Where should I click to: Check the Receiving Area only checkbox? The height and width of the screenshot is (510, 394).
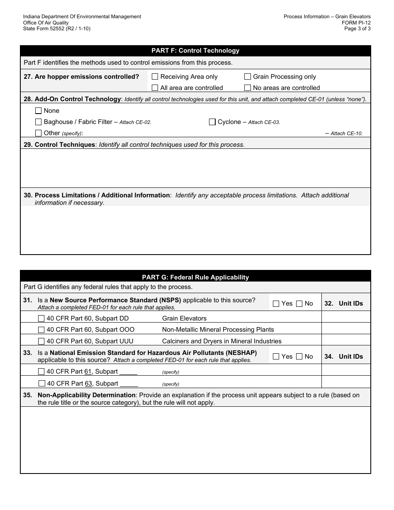click(155, 77)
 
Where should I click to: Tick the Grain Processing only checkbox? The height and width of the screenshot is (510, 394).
click(248, 77)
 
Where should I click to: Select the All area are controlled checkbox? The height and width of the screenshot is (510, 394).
click(155, 88)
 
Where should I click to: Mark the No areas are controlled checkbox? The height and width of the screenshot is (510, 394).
click(248, 88)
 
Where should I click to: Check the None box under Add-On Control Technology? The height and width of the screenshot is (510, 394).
click(39, 111)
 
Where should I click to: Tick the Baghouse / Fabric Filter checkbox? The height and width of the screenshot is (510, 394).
click(39, 122)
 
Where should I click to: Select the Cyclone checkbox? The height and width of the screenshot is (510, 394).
click(212, 122)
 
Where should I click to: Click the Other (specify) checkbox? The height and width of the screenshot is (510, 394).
click(39, 133)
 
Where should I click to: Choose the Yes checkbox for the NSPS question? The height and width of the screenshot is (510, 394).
click(276, 304)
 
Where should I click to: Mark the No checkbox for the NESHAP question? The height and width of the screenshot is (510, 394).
click(299, 357)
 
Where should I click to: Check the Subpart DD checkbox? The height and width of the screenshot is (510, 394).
click(41, 318)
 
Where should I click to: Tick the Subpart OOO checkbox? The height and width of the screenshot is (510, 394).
click(41, 330)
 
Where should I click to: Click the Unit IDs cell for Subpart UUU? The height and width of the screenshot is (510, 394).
click(346, 340)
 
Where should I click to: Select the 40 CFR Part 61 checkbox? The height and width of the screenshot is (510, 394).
click(41, 372)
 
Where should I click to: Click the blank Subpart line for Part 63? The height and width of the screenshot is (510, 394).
click(129, 384)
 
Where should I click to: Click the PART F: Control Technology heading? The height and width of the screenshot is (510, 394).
click(195, 51)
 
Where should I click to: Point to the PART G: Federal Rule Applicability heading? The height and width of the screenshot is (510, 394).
click(195, 277)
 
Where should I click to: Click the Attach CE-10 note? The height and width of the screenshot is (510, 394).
click(346, 134)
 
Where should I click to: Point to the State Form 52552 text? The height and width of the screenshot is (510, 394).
click(57, 29)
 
